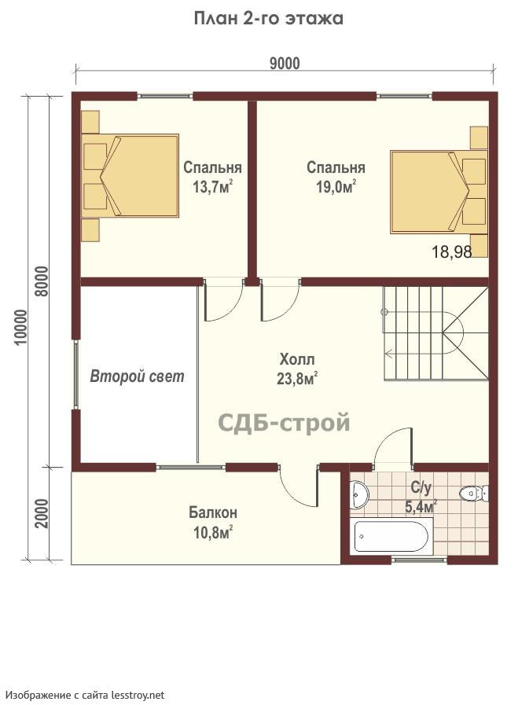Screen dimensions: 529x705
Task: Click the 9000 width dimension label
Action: click(285, 64)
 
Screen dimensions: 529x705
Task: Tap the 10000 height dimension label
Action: click(21, 327)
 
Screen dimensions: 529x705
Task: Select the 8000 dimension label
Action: click(42, 281)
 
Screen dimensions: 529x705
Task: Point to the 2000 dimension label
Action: click(42, 513)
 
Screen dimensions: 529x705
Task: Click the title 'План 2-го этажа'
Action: click(269, 19)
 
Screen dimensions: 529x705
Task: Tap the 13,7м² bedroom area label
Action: click(213, 186)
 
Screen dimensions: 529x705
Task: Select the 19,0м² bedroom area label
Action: click(336, 186)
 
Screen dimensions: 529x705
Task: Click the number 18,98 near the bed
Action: click(452, 252)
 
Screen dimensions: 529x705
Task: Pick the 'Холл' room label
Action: click(297, 360)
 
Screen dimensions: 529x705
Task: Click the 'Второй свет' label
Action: click(138, 376)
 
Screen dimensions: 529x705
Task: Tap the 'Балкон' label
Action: click(213, 512)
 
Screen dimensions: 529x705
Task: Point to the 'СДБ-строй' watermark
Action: click(284, 423)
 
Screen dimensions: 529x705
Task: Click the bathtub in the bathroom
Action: click(391, 536)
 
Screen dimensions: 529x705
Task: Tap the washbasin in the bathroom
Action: click(359, 495)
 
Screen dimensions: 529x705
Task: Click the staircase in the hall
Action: click(435, 333)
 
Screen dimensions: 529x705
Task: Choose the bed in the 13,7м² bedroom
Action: click(130, 176)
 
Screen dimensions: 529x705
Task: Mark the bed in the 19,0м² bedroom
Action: click(439, 192)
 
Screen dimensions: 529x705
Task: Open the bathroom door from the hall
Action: click(393, 445)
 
